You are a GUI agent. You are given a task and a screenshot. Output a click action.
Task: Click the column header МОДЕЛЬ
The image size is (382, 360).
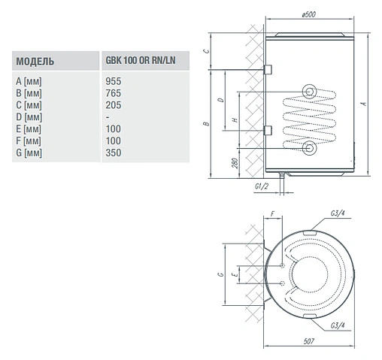[x=35, y=61]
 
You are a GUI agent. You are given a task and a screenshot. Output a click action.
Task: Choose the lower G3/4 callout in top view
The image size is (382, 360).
[x=337, y=325]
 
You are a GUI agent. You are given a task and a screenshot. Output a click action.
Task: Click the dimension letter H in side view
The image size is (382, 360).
[x=235, y=122]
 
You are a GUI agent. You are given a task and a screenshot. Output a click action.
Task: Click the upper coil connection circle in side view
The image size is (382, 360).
[x=309, y=92]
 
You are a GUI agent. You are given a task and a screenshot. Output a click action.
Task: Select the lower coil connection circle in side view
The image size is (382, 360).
[x=309, y=147]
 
